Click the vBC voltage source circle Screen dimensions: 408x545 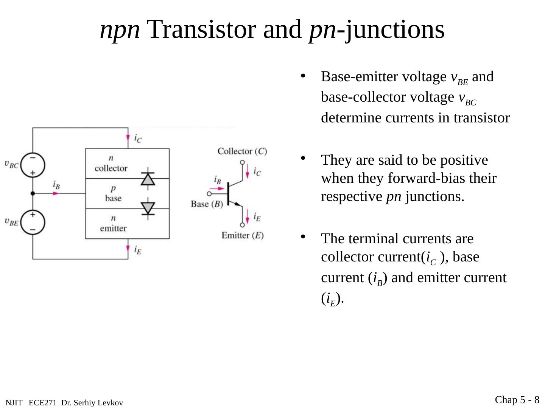[33, 165]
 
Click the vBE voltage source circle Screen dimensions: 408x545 [33, 222]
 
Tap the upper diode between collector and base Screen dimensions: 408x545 [148, 179]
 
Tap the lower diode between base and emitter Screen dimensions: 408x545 [148, 208]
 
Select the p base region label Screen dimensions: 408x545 [113, 193]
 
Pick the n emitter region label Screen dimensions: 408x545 [113, 223]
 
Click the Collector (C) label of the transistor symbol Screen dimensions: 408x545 [242, 151]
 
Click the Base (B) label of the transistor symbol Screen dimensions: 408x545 [207, 204]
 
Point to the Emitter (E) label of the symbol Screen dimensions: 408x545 [242, 235]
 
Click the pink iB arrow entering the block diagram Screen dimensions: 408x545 [56, 193]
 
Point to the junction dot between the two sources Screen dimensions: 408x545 [33, 193]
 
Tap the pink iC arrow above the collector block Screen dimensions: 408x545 [128, 138]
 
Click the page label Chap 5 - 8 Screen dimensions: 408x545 [517, 400]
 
